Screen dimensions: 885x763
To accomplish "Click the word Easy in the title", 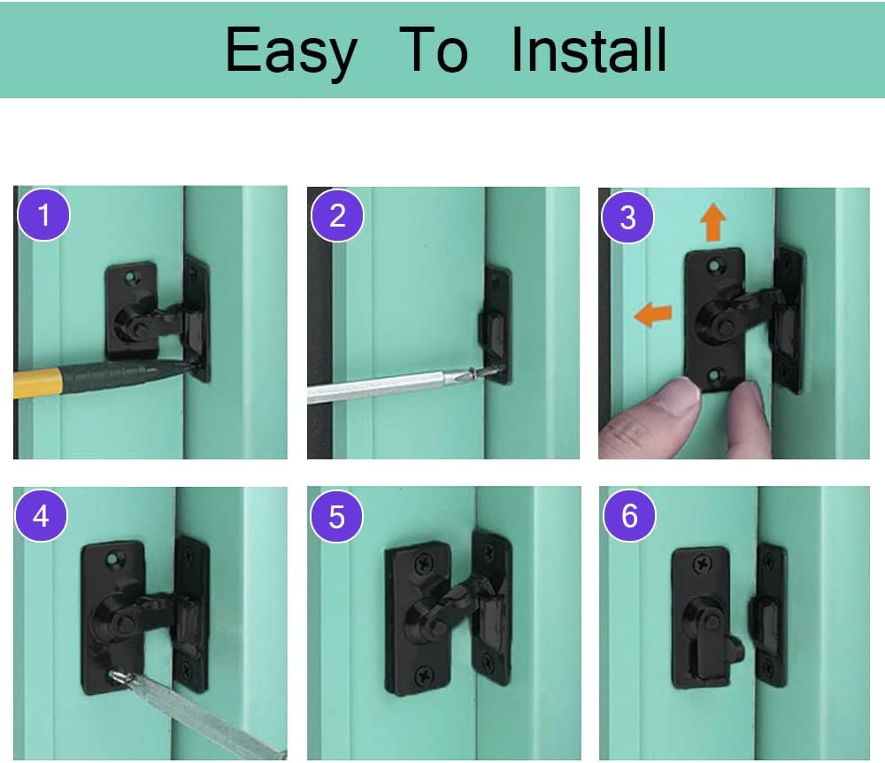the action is (291, 52).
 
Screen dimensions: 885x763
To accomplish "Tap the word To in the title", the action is (434, 50).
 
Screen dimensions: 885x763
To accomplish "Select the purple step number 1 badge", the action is (44, 215).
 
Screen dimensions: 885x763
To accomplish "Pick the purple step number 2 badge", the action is (337, 216).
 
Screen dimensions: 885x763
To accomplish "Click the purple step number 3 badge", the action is (627, 217).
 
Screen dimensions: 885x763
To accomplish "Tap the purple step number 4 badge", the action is (42, 516).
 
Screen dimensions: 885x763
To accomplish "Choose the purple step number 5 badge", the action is (336, 516).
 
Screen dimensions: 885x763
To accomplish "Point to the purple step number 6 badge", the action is (629, 515).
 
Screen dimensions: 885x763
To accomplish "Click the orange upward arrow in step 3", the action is (713, 222).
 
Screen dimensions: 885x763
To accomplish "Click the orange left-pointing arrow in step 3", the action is (653, 313).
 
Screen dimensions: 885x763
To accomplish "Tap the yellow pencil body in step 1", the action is (36, 381).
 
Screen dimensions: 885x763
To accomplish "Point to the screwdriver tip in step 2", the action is (491, 369).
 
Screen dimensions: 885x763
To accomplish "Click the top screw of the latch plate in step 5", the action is (423, 563).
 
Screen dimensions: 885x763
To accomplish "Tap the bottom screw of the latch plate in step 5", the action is (424, 674).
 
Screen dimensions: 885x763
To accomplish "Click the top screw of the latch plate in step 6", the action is (702, 562).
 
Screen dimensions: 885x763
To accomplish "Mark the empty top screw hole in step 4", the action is (113, 559).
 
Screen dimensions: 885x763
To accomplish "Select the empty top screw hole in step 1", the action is (132, 277).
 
